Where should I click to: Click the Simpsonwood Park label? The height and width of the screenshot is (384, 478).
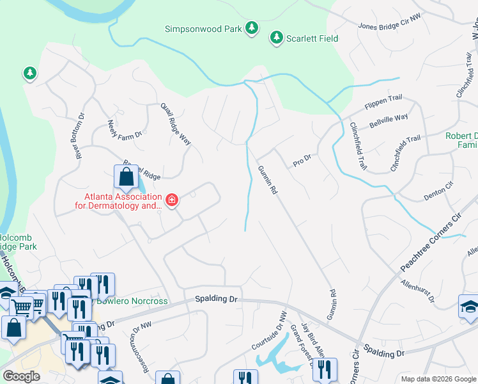pyautogui.click(x=203, y=29)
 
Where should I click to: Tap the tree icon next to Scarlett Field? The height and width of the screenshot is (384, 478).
pyautogui.click(x=277, y=38)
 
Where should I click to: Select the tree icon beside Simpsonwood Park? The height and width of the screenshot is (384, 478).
pyautogui.click(x=252, y=28)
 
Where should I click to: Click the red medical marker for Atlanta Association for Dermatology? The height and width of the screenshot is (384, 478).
pyautogui.click(x=171, y=201)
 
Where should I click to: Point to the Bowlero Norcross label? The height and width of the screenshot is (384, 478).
pyautogui.click(x=132, y=301)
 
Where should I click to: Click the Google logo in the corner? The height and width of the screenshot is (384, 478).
pyautogui.click(x=21, y=376)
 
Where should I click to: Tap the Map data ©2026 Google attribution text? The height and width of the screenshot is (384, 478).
pyautogui.click(x=438, y=379)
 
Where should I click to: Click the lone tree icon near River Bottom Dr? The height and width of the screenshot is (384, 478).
pyautogui.click(x=29, y=74)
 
